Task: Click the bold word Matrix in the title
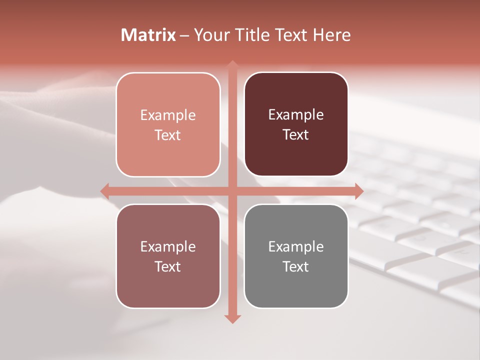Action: (148, 35)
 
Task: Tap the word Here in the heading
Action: (332, 35)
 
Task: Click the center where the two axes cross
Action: (232, 191)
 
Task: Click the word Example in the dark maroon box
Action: (296, 115)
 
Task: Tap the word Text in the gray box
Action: (296, 266)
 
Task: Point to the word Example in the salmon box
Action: (168, 115)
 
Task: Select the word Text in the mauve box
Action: (168, 266)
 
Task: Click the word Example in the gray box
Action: (296, 246)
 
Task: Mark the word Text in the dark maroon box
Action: (296, 135)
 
